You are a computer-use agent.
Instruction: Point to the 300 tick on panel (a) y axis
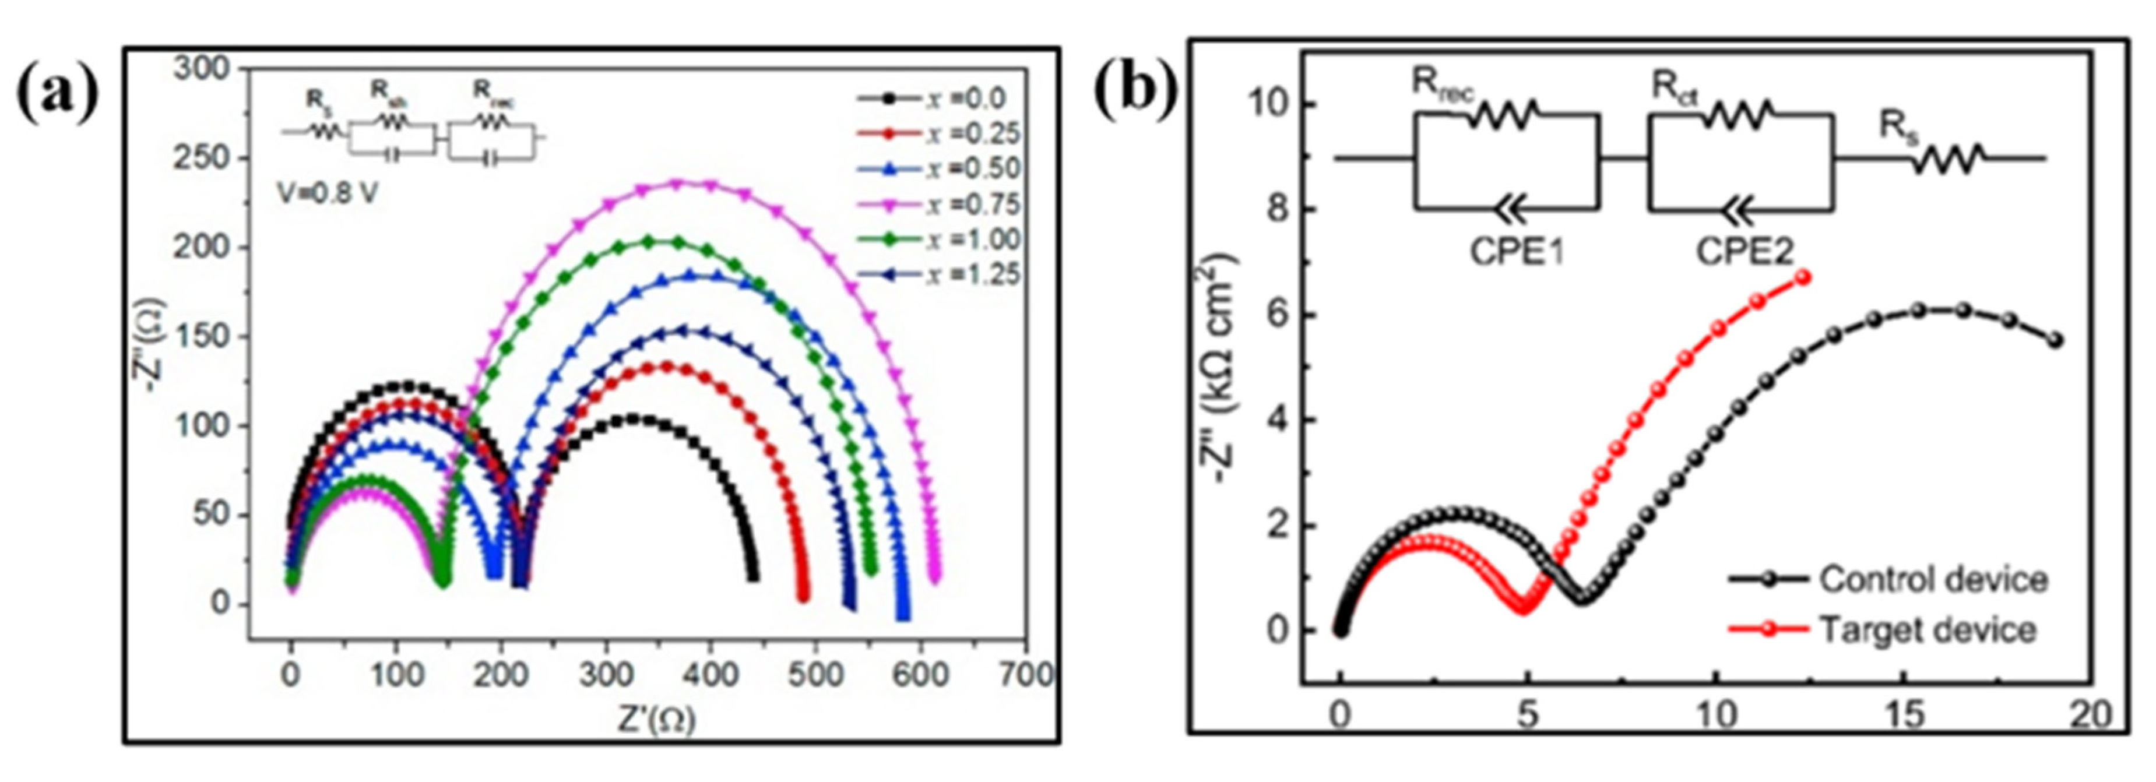click(201, 69)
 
